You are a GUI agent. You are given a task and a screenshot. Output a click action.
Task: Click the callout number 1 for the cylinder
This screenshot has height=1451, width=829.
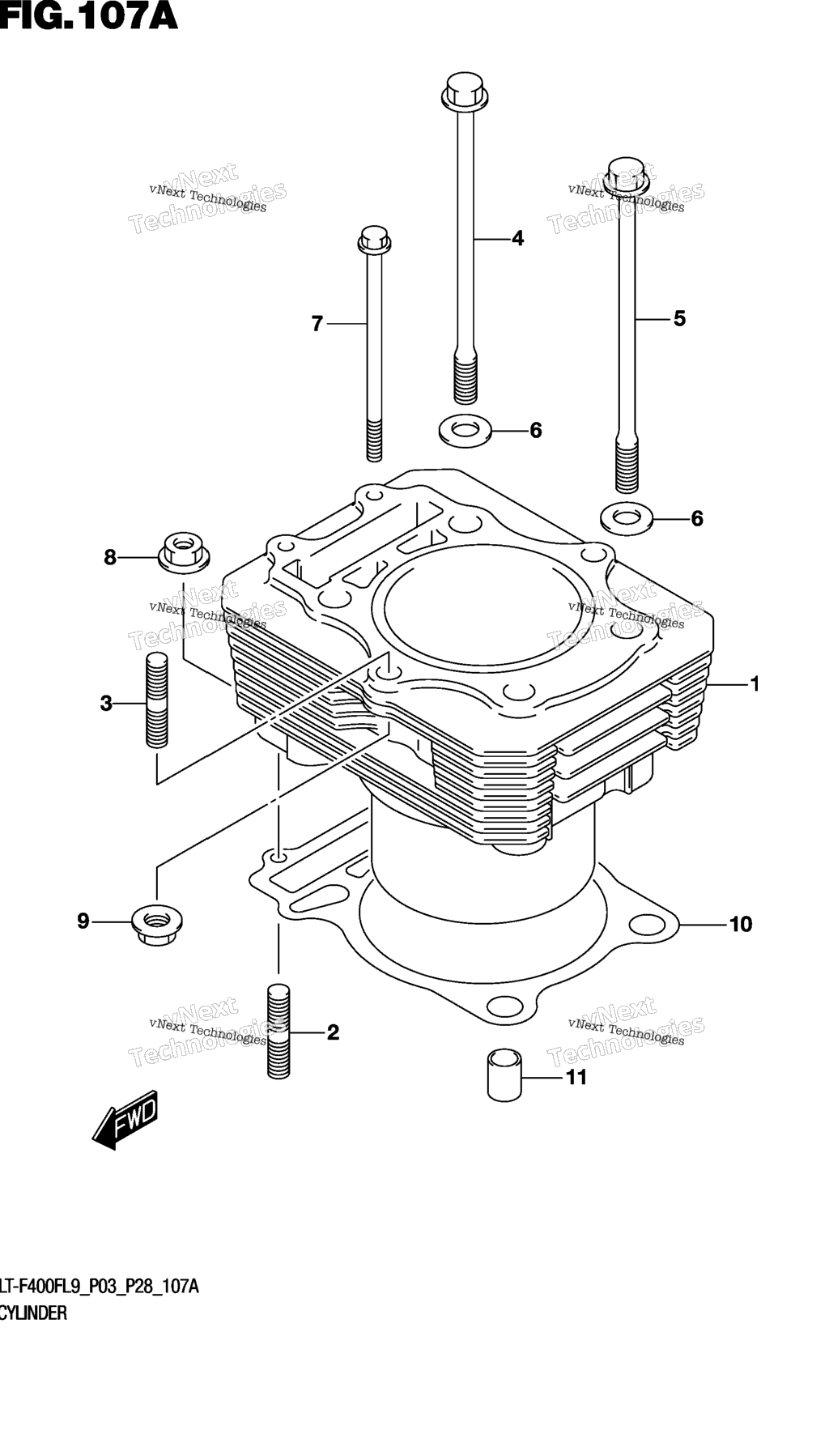point(755,684)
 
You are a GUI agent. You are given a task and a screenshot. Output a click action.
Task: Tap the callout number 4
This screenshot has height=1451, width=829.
point(517,238)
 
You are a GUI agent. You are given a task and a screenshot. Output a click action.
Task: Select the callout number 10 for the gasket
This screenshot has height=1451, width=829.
point(741,924)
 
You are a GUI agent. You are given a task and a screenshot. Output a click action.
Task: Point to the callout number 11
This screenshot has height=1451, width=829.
point(576,1077)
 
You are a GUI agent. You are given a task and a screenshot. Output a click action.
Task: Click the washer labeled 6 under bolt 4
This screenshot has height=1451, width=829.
point(464,429)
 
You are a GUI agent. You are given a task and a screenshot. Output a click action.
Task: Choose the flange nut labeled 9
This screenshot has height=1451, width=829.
point(157,924)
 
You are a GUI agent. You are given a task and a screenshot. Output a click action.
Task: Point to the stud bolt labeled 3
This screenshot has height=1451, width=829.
point(157,700)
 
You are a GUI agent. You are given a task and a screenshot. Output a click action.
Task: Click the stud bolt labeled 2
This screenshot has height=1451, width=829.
point(278,1030)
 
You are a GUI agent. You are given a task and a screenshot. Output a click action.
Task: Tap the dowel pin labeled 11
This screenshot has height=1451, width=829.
point(504,1074)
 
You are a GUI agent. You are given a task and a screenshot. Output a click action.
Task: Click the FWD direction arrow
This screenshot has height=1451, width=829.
point(125,1120)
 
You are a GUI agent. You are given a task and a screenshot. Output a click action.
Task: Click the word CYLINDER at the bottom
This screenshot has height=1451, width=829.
point(33,1313)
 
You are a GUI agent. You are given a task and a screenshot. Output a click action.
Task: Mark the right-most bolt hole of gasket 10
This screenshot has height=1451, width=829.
point(647,924)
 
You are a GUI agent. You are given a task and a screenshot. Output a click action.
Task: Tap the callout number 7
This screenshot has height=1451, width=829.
point(317,324)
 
